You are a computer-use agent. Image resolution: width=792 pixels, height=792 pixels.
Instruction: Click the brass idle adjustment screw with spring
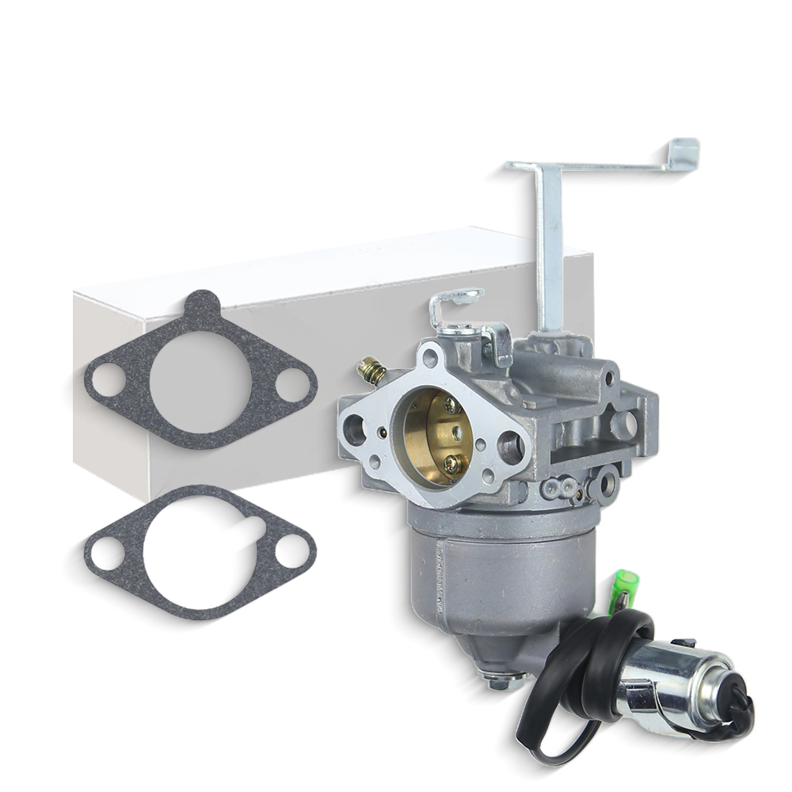pos(371,369)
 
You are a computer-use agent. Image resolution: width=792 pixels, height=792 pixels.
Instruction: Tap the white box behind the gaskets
pos(333,317)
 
